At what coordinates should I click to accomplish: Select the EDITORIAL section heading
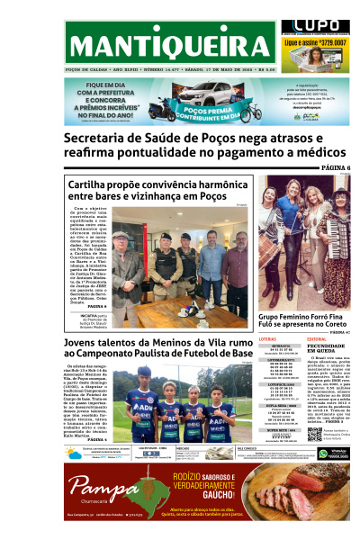coord(320,339)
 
